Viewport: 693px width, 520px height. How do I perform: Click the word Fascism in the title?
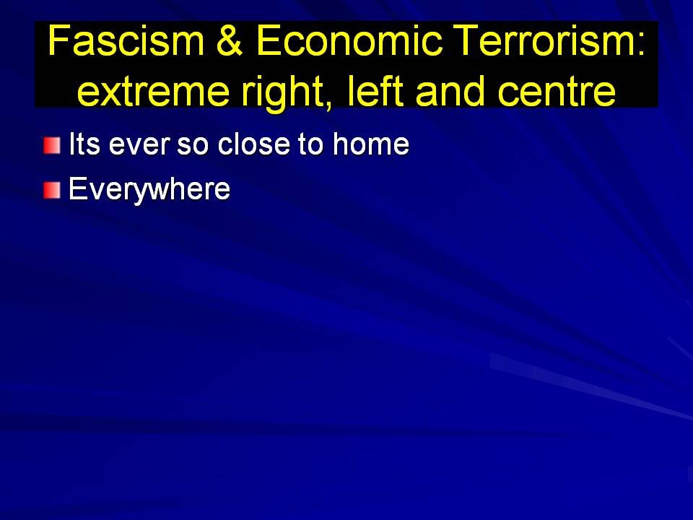click(126, 40)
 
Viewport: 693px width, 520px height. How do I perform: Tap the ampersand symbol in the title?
click(230, 40)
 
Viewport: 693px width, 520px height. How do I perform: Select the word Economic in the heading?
click(349, 40)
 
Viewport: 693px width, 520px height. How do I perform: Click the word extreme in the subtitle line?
click(153, 92)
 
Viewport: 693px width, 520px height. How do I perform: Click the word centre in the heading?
click(557, 92)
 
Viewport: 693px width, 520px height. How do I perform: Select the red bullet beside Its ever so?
click(52, 145)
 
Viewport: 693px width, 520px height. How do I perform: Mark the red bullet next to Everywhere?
click(52, 191)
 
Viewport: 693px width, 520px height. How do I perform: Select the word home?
click(371, 144)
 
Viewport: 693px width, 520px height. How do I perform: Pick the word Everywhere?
click(149, 190)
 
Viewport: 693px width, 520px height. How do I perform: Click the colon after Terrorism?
click(640, 44)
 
